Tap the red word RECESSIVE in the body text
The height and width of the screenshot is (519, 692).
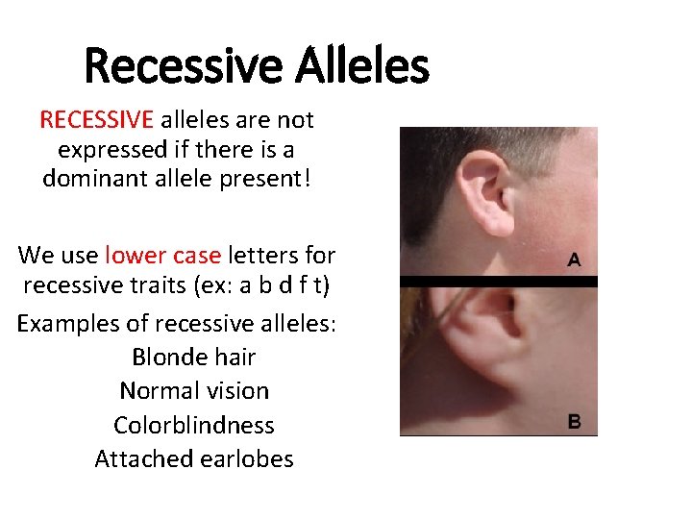96,120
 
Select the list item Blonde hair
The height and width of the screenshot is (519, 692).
193,358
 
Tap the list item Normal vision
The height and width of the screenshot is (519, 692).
194,391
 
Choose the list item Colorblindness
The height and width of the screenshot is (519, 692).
194,425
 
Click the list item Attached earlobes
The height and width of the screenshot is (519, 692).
194,459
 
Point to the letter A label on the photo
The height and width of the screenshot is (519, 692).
574,259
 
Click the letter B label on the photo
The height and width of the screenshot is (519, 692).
574,421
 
